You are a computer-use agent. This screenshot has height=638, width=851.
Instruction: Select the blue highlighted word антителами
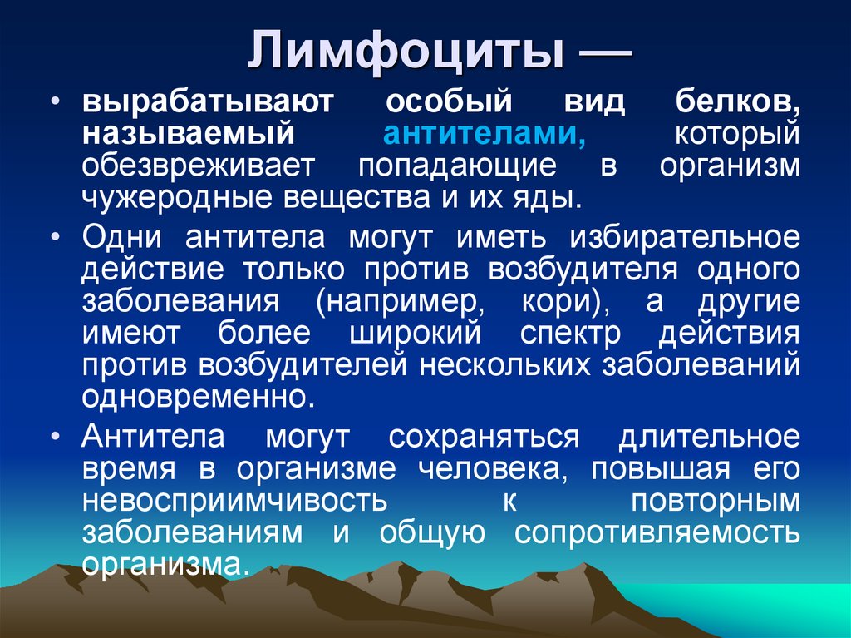[485, 133]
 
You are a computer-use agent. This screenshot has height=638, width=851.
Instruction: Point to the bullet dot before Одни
[56, 237]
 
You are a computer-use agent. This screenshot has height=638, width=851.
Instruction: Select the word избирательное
[685, 238]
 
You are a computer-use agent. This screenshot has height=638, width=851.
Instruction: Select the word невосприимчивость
[234, 501]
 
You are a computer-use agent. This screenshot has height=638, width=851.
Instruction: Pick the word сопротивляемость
[657, 533]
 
